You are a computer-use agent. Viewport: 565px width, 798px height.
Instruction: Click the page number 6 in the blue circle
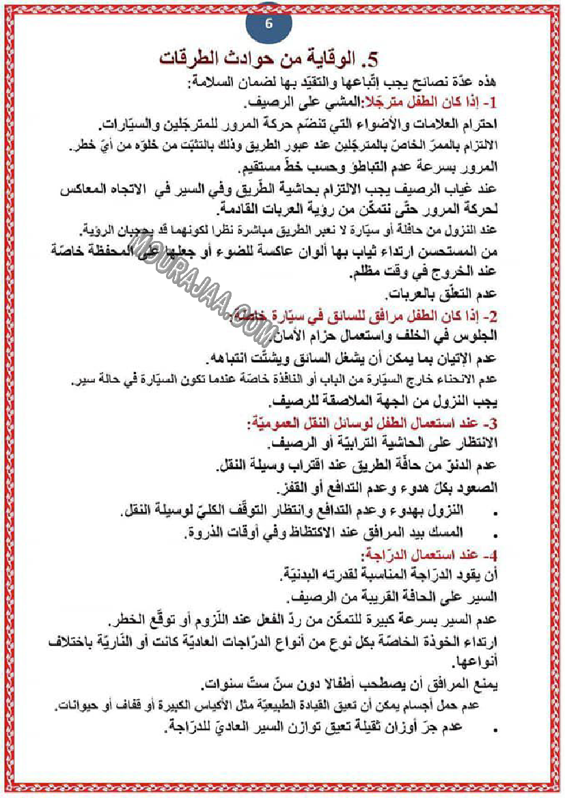[268, 23]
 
